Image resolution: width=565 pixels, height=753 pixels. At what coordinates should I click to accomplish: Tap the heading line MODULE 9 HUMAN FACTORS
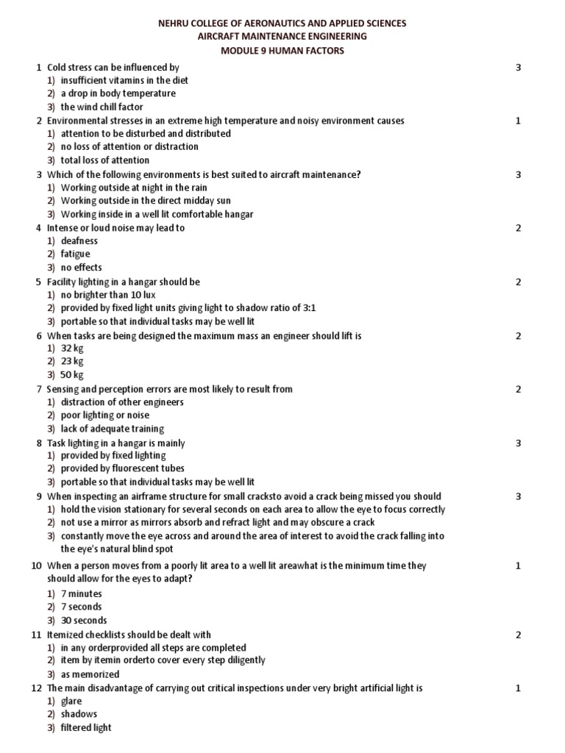(282, 50)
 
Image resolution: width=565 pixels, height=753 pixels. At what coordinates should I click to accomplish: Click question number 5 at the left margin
(38, 282)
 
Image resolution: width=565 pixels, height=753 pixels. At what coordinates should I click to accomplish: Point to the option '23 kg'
(72, 361)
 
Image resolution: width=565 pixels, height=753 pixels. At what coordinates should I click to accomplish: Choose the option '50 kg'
(72, 374)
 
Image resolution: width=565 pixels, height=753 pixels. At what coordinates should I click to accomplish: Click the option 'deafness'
(79, 240)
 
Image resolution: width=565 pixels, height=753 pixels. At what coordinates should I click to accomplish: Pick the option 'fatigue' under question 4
(76, 254)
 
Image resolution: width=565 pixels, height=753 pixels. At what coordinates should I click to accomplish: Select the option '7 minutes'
(81, 593)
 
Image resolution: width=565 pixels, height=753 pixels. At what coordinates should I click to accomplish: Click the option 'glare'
(71, 701)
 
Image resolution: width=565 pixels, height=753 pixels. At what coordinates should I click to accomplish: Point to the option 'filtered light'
(86, 727)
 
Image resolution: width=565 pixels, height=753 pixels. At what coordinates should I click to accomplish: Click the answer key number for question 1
(518, 68)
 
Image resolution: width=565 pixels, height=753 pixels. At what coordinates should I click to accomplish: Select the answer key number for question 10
(518, 565)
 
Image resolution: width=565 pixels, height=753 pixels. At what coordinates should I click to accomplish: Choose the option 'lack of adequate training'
(113, 429)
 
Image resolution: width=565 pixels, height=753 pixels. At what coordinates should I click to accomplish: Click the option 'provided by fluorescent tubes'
(122, 468)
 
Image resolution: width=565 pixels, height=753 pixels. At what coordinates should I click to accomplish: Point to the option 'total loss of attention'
(105, 160)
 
